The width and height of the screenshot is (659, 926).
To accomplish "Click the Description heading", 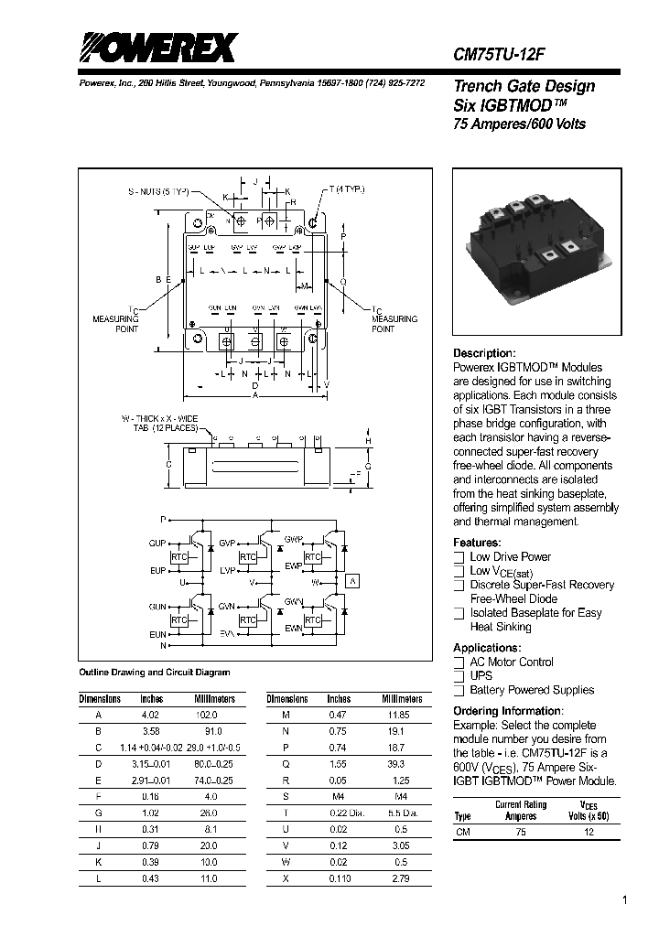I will pos(485,353).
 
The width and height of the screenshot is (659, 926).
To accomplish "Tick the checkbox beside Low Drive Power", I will pos(459,556).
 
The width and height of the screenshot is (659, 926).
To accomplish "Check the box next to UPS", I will pos(459,676).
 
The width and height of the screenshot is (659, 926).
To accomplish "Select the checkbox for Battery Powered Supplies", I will pos(459,690).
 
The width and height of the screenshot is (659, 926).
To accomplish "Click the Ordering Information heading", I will pos(508,711).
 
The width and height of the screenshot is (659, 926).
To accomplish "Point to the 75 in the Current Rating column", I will pos(521,833).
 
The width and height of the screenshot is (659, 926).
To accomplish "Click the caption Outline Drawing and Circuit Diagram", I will pos(155,673).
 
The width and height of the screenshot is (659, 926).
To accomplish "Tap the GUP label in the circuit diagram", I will pos(157,543).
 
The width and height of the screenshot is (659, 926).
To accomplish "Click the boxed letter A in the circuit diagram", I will pos(354,581).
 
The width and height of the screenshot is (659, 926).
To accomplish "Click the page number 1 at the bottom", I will pos(624,900).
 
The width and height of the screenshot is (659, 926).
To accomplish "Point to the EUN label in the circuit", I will pos(157,633).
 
